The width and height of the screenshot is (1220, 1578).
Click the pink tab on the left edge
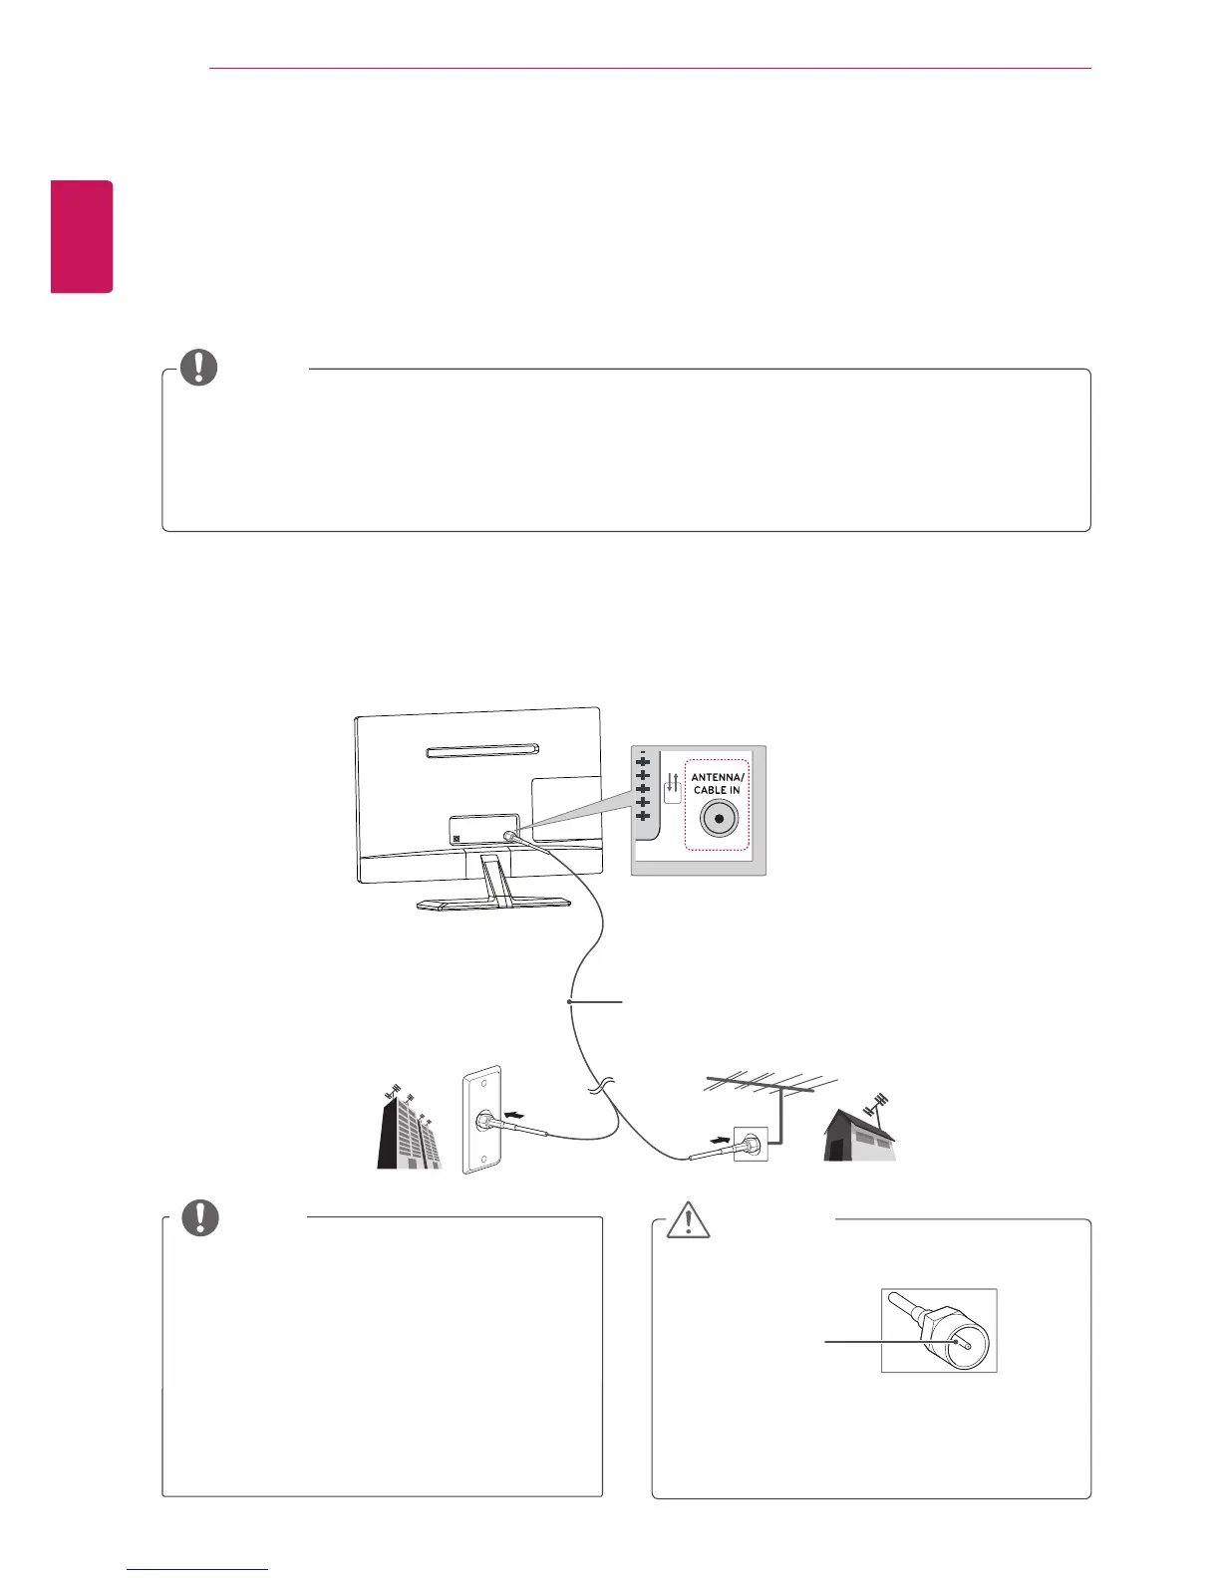pos(83,236)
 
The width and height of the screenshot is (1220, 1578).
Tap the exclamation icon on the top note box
pos(198,368)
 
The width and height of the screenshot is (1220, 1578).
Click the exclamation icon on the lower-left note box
pos(200,1217)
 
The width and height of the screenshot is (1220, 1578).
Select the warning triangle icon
pos(688,1220)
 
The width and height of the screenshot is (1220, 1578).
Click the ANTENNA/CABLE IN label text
pos(718,783)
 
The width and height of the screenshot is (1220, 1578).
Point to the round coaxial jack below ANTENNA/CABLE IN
pos(719,819)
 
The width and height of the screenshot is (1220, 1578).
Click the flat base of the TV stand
pos(493,905)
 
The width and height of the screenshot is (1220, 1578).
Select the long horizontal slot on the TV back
pos(483,750)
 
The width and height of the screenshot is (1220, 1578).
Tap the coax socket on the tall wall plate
pos(483,1120)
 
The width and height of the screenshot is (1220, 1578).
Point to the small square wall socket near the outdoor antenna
pos(751,1144)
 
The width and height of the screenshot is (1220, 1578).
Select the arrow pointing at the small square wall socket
pos(720,1136)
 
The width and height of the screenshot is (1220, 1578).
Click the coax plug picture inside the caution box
pos(939,1330)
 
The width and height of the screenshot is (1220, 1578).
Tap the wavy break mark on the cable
pos(599,1090)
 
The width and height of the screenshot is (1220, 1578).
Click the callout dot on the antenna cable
pos(569,1001)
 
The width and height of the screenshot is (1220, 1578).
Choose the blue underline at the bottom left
pos(197,1570)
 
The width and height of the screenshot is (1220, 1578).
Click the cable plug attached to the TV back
pos(510,838)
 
